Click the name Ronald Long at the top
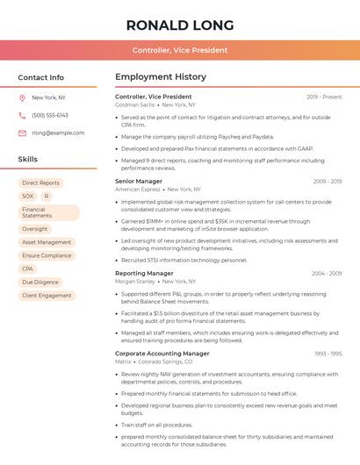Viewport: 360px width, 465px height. [180, 25]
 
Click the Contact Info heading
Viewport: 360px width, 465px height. [40, 77]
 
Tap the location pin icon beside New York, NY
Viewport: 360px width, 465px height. [22, 97]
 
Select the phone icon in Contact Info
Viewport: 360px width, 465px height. [22, 115]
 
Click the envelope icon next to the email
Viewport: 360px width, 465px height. [22, 132]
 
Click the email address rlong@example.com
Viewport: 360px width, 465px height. [58, 132]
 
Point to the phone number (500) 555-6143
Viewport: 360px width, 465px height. [50, 115]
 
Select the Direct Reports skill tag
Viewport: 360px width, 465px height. [40, 182]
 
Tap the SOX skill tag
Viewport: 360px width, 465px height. [28, 197]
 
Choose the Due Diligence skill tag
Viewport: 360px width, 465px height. [40, 283]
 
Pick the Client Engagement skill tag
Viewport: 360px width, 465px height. [47, 296]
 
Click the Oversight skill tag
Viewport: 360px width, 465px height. [35, 229]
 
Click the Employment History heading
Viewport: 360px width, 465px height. [160, 77]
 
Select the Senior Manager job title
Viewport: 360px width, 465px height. [139, 181]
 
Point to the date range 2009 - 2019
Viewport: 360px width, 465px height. [327, 181]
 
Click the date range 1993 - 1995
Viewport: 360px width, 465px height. [328, 354]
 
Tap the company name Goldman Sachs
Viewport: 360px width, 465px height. [135, 104]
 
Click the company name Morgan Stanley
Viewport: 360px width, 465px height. [135, 282]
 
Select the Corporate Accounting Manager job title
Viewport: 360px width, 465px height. [162, 354]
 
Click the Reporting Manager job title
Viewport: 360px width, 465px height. [144, 273]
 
